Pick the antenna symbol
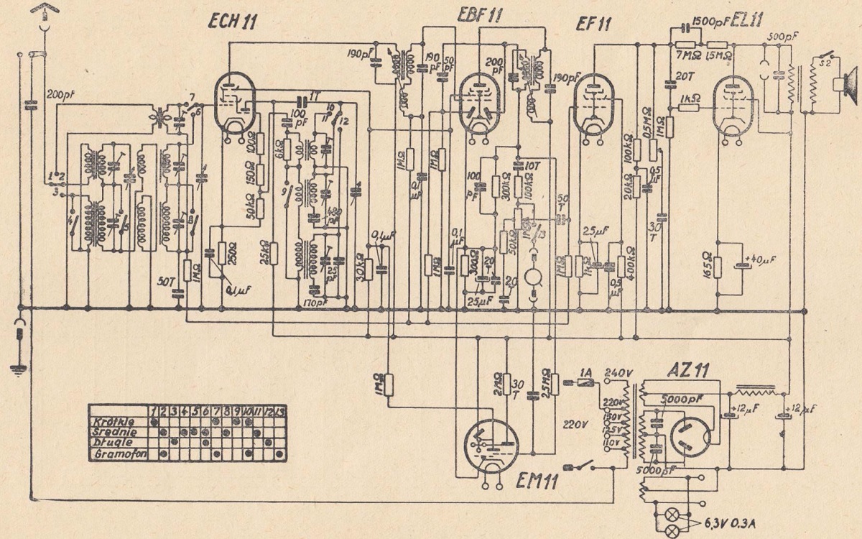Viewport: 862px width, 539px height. [43, 11]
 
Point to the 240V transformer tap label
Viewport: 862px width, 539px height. [618, 372]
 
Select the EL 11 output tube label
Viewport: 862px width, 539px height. [748, 22]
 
